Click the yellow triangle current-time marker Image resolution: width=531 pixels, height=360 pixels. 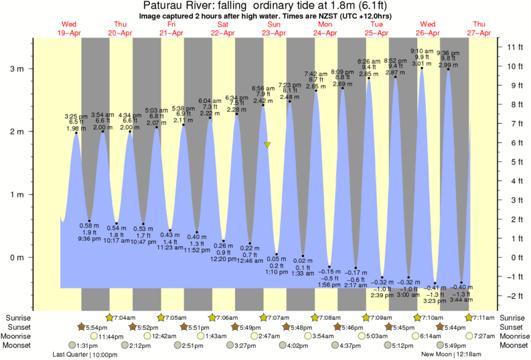pos(268,144)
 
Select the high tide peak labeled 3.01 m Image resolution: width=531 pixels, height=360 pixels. pos(422,68)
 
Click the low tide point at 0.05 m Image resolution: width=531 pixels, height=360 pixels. pos(277,254)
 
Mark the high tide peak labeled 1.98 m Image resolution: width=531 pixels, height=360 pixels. pos(76,133)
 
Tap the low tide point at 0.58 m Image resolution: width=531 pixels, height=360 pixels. pos(90,221)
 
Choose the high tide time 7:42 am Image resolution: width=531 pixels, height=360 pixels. pos(315,74)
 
